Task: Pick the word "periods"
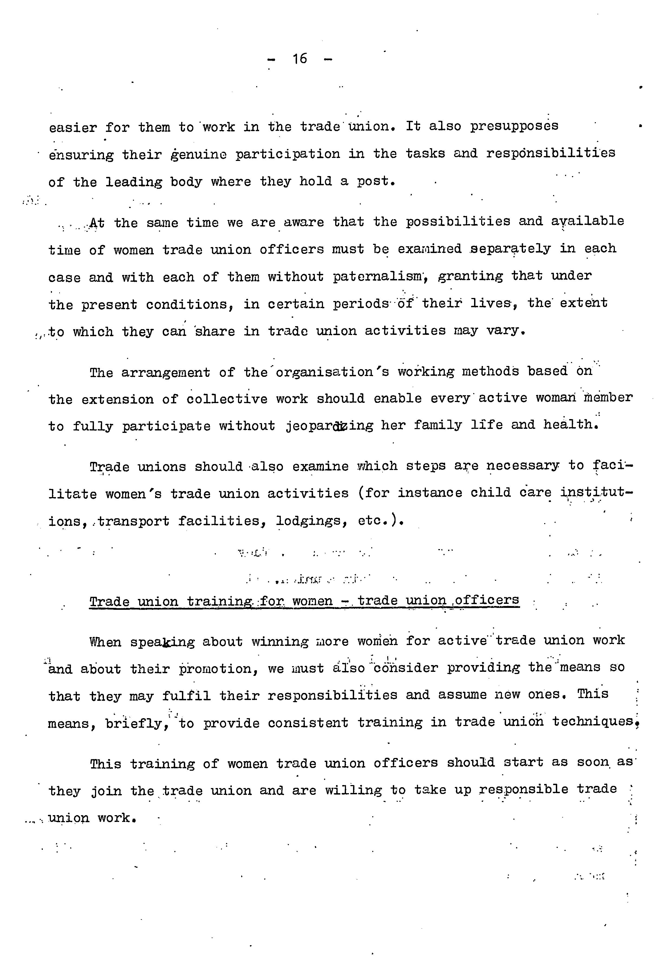pyautogui.click(x=360, y=304)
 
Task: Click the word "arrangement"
pyautogui.click(x=166, y=372)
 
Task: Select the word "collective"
pyautogui.click(x=226, y=399)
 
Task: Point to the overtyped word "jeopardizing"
pyautogui.click(x=329, y=426)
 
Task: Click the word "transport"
pyautogui.click(x=133, y=521)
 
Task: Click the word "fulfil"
pyautogui.click(x=186, y=696)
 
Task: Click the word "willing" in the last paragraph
pyautogui.click(x=353, y=790)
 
